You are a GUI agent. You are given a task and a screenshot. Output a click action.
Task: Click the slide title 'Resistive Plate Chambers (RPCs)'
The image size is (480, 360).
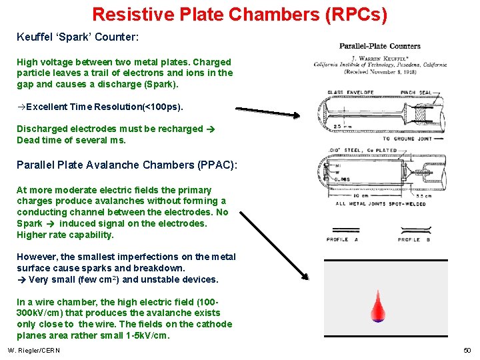239,14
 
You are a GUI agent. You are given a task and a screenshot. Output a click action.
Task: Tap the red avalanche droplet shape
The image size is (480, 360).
378,307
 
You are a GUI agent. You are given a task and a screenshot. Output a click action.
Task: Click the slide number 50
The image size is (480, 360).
467,351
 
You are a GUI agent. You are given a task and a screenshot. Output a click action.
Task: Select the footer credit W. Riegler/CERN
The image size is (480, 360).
34,351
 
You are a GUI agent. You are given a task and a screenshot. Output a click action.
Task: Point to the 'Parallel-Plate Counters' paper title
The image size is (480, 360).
380,46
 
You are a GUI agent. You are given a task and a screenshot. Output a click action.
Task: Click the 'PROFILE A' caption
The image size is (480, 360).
342,239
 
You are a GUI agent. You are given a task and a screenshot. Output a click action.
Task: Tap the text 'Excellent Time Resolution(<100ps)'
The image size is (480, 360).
100,107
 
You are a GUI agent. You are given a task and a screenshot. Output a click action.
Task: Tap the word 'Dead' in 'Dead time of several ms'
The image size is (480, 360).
29,140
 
